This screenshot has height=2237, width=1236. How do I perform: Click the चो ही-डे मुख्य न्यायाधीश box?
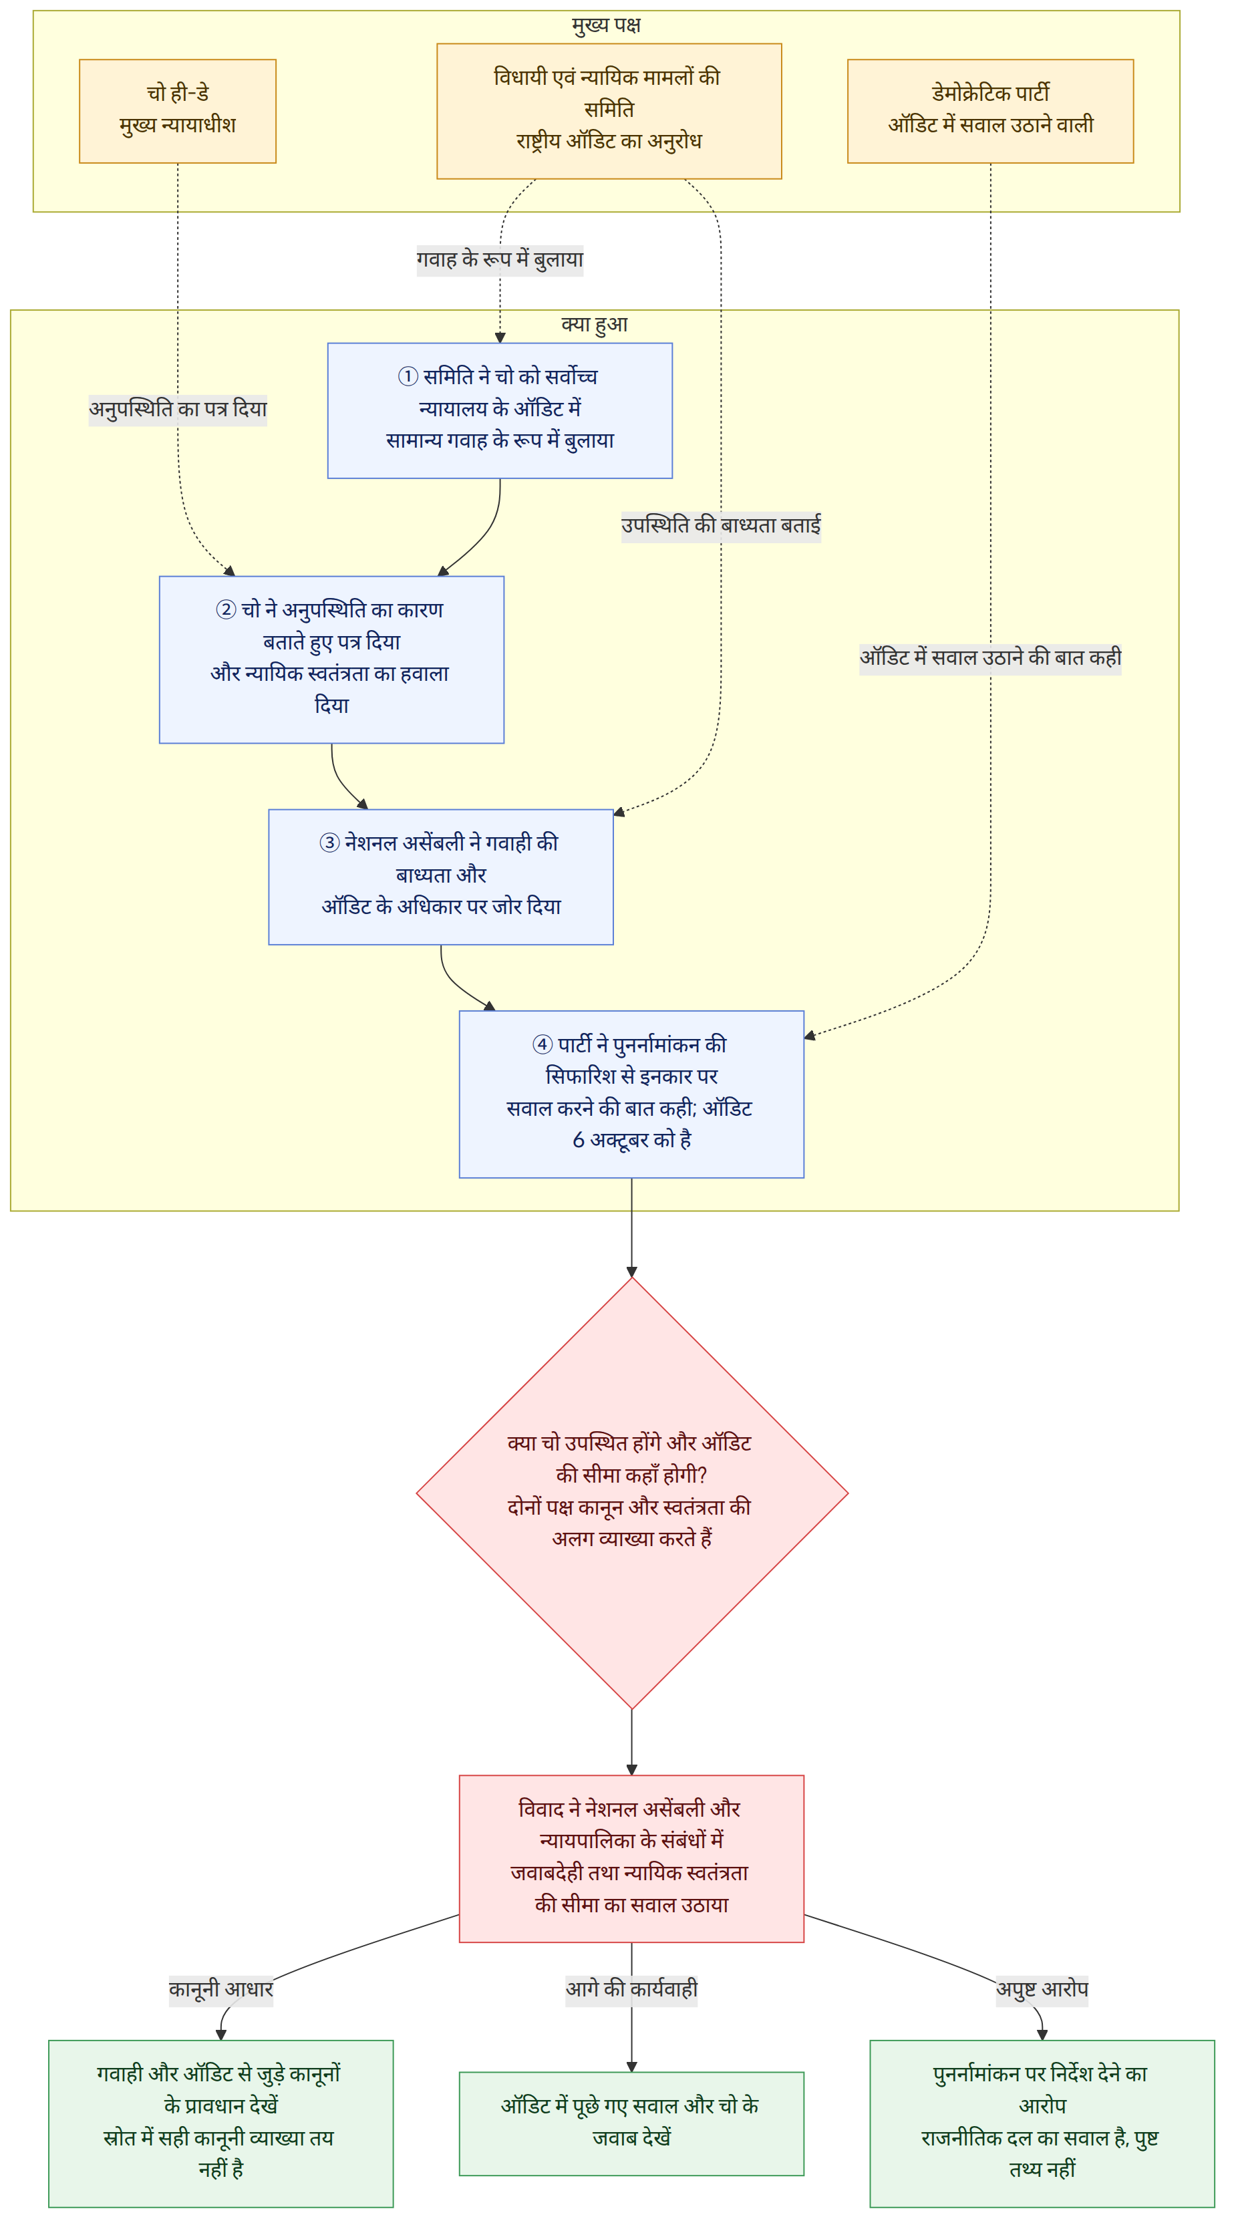[x=177, y=111]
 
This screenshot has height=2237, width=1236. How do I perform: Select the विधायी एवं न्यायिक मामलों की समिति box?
[x=609, y=111]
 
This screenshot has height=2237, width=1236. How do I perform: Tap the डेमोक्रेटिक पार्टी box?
[x=990, y=111]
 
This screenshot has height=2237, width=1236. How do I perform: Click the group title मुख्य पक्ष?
[x=606, y=25]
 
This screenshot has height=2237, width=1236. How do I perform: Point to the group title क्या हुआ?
[x=594, y=324]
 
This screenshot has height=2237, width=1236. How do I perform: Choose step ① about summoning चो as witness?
[x=500, y=411]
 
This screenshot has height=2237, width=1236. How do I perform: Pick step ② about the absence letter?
[x=332, y=660]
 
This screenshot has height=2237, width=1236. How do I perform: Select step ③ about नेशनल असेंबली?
[x=441, y=877]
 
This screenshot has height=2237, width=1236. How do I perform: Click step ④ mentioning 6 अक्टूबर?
[x=631, y=1094]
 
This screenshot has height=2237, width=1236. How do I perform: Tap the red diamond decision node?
[x=632, y=1493]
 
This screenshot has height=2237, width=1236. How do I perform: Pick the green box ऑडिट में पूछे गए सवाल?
[x=631, y=2123]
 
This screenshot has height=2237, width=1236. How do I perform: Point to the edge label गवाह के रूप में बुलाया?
[x=500, y=260]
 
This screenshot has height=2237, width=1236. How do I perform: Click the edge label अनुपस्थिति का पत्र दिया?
[x=178, y=409]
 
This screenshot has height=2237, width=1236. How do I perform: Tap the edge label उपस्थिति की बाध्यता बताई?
[x=721, y=525]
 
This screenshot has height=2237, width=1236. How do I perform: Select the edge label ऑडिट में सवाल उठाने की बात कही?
[x=990, y=657]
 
